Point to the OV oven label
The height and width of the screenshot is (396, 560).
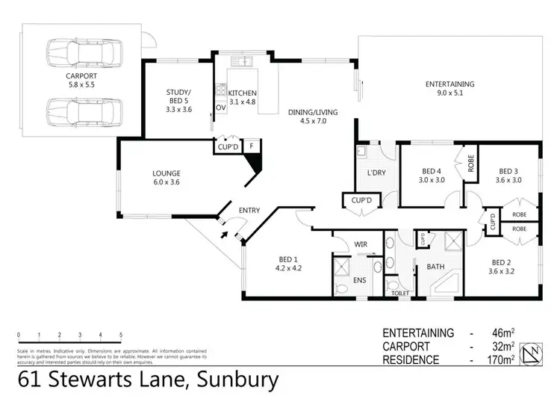tap(220, 108)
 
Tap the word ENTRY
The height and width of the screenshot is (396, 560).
tap(249, 211)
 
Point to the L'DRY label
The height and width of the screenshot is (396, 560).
tap(375, 174)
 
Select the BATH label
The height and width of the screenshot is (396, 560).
tap(435, 266)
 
